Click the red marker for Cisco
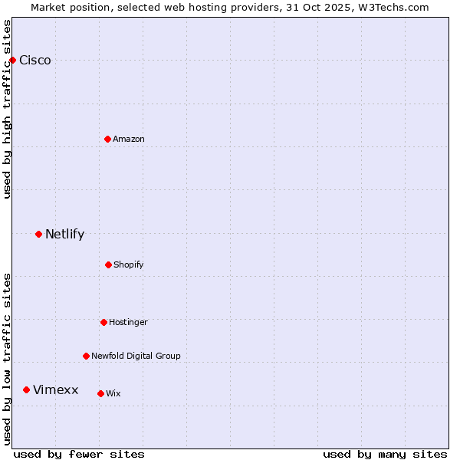point(12,60)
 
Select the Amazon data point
point(107,139)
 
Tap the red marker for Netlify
point(38,234)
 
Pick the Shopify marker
point(108,264)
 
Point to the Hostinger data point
point(103,322)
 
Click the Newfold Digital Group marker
point(86,356)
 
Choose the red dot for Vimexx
point(26,390)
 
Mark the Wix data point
point(100,393)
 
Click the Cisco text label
point(35,61)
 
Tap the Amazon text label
point(129,139)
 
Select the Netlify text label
point(64,235)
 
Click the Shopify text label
point(129,265)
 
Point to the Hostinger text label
point(128,323)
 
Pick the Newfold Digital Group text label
point(136,356)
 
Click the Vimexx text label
point(55,390)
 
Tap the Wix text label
point(113,394)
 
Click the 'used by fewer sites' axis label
point(79,454)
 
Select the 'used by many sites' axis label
point(385,454)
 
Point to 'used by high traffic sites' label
point(7,109)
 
